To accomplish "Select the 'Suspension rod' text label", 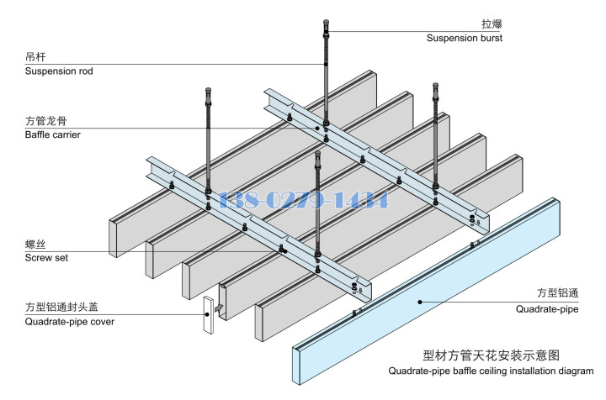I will point(59,71).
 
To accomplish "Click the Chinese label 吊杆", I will point(35,57).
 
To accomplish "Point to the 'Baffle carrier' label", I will point(53,134).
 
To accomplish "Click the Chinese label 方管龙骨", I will point(47,121).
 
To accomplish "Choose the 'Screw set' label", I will point(46,258).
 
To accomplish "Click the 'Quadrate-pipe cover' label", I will point(70,321).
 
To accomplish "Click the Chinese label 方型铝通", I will point(559,293).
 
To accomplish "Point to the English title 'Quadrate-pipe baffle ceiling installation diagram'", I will point(491,371).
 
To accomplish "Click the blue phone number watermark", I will point(303,200).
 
